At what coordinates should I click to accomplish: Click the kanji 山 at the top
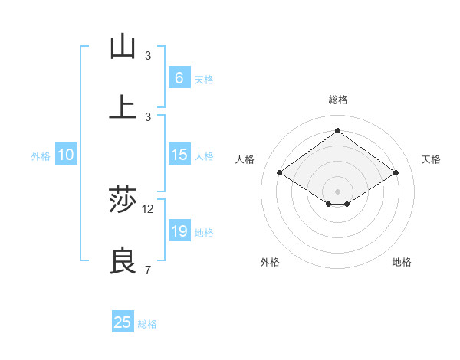click(x=123, y=47)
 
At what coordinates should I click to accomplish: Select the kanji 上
click(x=123, y=108)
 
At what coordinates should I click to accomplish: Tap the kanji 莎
click(x=123, y=201)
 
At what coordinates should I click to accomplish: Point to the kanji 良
click(x=123, y=262)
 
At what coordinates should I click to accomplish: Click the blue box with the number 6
click(x=179, y=78)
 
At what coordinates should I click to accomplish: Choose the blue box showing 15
click(x=179, y=155)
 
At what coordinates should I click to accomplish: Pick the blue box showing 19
click(x=179, y=231)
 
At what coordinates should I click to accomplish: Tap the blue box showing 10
click(x=66, y=155)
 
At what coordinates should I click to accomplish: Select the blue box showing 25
click(x=123, y=322)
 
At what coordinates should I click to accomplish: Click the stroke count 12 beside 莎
click(x=148, y=208)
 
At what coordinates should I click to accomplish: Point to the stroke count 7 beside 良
click(x=148, y=270)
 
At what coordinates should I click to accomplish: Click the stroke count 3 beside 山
click(x=148, y=55)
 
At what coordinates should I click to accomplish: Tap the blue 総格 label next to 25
click(x=147, y=324)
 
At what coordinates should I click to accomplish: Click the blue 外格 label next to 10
click(x=41, y=156)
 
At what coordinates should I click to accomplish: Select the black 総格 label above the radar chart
click(x=337, y=100)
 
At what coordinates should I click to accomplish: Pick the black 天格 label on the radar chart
click(x=431, y=159)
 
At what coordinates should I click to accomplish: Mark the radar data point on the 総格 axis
click(x=337, y=130)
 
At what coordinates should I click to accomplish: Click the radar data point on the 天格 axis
click(x=396, y=173)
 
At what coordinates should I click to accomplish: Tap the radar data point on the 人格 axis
click(x=280, y=173)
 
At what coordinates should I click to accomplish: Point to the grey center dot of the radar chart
click(x=337, y=191)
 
